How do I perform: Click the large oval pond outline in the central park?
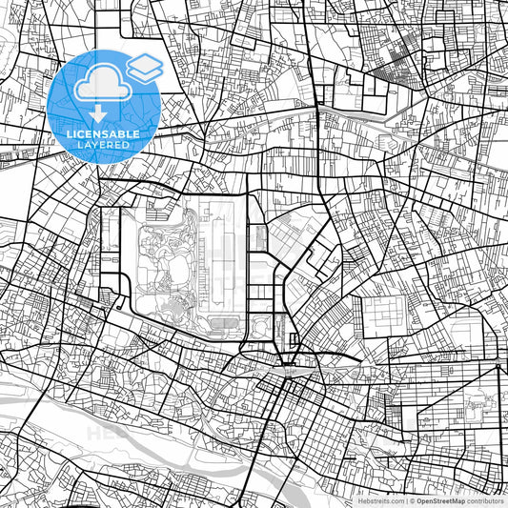coord(167,248)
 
